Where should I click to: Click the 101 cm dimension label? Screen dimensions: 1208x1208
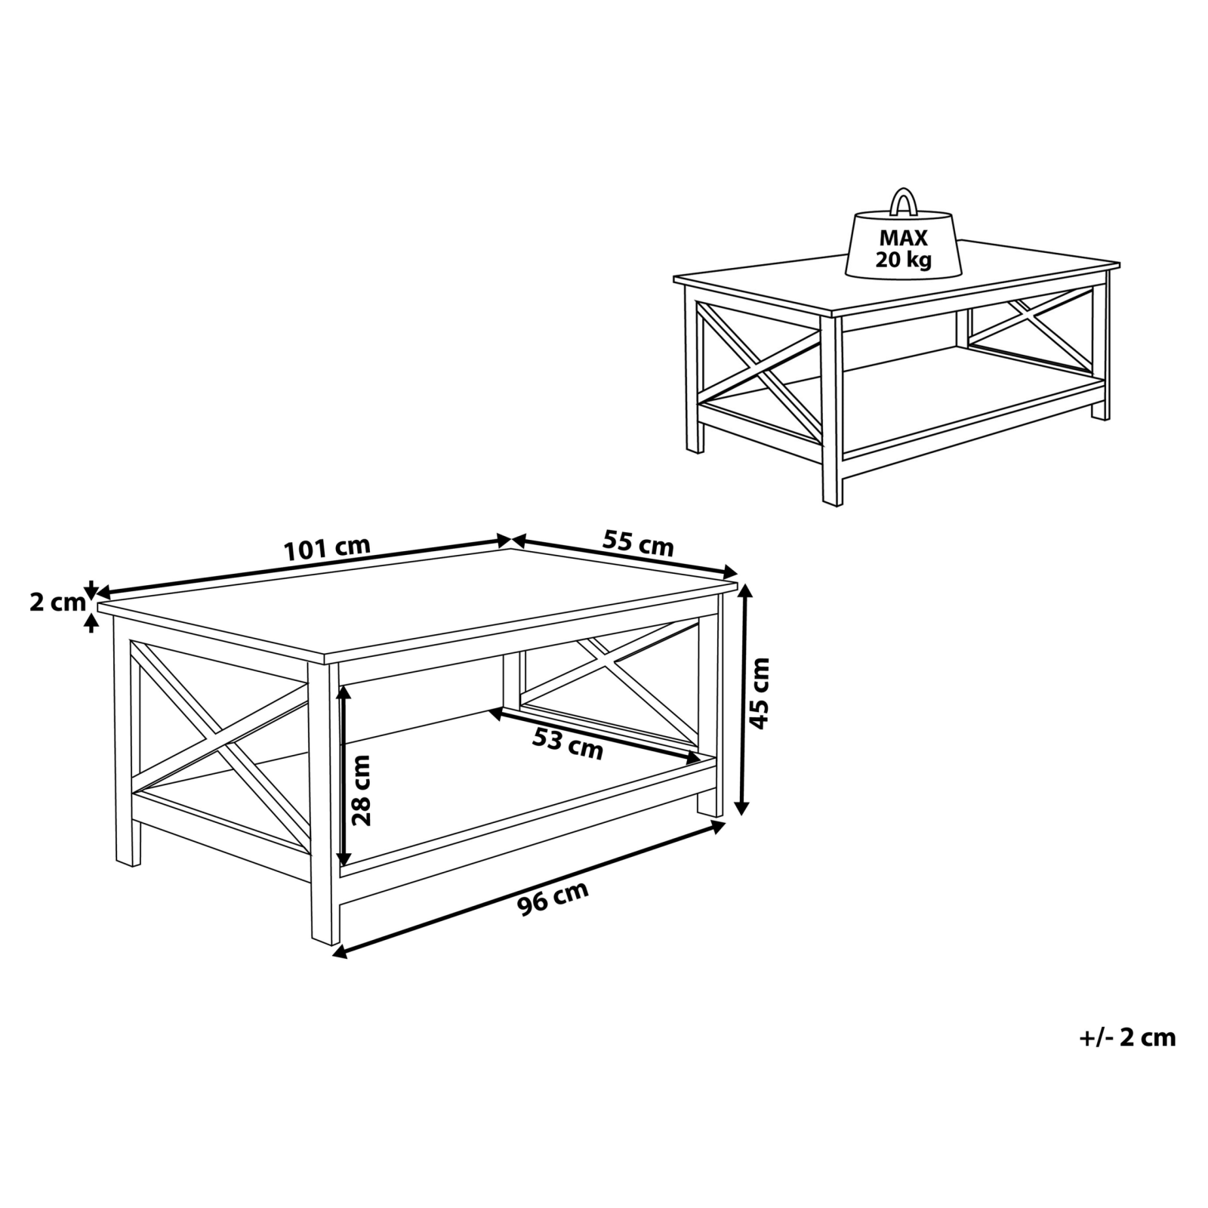pyautogui.click(x=327, y=548)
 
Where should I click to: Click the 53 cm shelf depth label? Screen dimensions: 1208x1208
pyautogui.click(x=568, y=744)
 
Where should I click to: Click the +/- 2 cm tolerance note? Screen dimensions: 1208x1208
pyautogui.click(x=1128, y=1037)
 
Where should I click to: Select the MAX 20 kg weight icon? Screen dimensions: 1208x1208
pyautogui.click(x=903, y=239)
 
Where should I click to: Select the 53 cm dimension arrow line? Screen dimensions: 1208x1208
pyautogui.click(x=595, y=735)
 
